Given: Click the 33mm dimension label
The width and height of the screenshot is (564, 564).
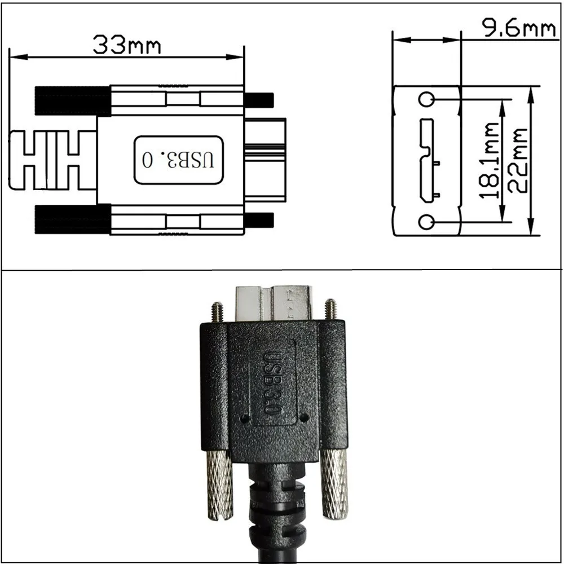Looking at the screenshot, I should tap(126, 45).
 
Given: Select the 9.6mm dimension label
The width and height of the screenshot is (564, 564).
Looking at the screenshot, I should tap(519, 28).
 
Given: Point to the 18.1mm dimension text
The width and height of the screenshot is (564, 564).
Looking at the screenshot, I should tap(488, 161).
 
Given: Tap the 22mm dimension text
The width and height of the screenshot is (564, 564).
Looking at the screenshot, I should tap(517, 161).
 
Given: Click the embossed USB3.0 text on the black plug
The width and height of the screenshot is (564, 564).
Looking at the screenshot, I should tap(273, 383).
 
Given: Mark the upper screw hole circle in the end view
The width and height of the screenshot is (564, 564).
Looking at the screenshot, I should tap(427, 100).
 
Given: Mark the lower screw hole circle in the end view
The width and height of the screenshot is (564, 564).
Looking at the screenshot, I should tap(427, 222).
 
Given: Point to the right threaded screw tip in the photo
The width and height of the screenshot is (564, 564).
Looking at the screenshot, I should tap(331, 308).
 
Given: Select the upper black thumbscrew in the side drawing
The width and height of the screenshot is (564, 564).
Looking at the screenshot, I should tap(73, 100).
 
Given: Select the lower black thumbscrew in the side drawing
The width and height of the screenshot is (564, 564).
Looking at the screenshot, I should tap(73, 219).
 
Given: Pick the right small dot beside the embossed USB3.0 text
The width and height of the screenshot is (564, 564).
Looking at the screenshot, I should tap(304, 418).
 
